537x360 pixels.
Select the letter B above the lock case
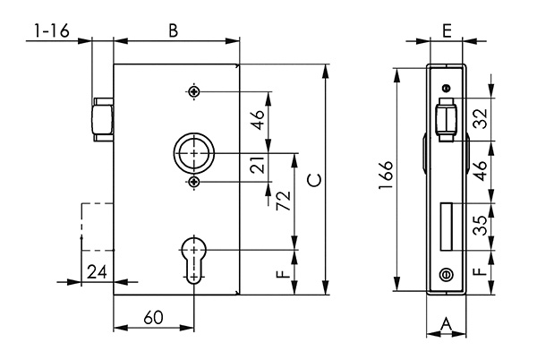point(174,30)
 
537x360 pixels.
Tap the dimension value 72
point(283,201)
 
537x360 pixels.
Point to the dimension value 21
point(258,167)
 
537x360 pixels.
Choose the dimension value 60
point(153,318)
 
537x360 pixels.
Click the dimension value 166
point(383,178)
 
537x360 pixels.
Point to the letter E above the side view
point(447,30)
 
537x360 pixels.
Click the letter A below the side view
point(447,324)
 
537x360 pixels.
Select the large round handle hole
point(193,154)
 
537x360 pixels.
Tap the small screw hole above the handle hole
point(193,91)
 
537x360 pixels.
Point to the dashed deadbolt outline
point(97,226)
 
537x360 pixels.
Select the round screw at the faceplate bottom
point(446,275)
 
